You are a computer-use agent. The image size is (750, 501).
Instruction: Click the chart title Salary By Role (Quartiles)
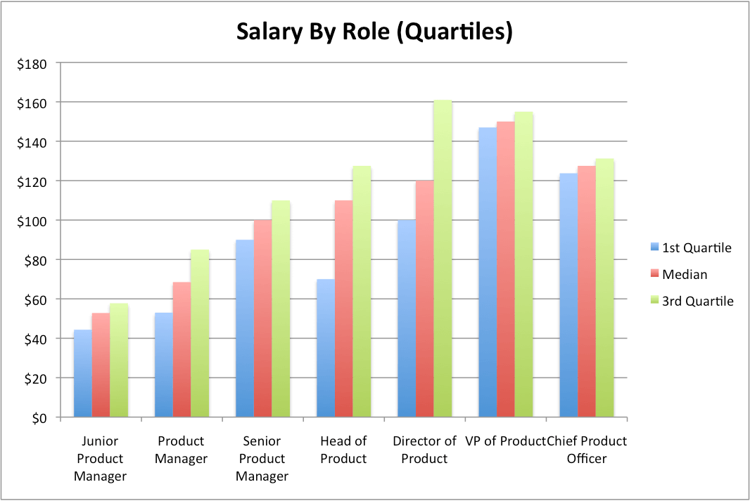tap(374, 32)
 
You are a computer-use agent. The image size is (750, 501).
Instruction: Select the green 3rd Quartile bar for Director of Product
tap(443, 260)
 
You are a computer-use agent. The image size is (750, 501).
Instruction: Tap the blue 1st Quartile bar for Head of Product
tap(326, 348)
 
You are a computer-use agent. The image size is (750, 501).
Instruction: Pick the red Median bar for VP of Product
tap(506, 271)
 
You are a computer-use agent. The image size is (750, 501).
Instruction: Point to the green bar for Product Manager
tap(200, 334)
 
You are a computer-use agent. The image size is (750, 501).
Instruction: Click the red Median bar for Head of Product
tap(344, 309)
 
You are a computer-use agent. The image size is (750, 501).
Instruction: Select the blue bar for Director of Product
tap(407, 320)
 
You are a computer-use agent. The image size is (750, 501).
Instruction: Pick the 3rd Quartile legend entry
tap(692, 301)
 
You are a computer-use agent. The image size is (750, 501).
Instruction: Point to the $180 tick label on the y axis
tap(32, 64)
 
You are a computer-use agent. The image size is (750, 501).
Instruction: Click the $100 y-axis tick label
tap(32, 221)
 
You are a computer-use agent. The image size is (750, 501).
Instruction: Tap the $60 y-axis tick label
tap(34, 300)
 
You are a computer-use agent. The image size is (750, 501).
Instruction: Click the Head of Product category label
tap(343, 450)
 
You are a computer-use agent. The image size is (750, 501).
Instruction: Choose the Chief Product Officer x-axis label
tap(586, 450)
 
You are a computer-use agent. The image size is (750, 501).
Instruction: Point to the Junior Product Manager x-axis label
tap(101, 459)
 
